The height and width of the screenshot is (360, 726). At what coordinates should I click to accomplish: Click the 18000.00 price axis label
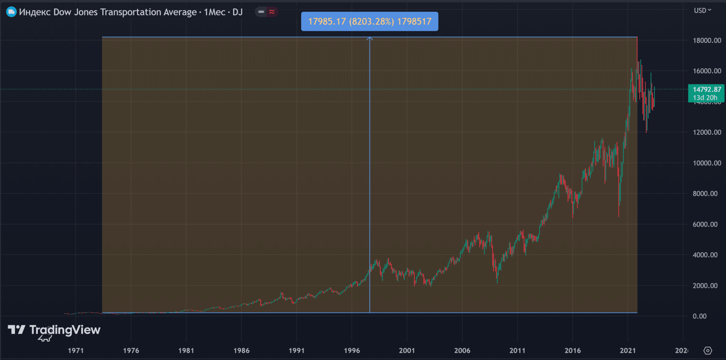coord(707,41)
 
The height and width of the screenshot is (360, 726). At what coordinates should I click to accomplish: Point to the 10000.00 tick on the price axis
coord(707,163)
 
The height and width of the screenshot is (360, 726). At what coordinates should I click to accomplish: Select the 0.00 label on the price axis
coord(700,316)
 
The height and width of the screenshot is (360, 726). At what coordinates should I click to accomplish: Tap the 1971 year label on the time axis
coord(76,350)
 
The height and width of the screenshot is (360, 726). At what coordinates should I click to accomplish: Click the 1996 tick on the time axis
coord(352,350)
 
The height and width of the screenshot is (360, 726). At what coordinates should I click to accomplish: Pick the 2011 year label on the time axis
coord(517,350)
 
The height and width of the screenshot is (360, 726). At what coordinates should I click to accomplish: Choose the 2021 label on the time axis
coord(628,350)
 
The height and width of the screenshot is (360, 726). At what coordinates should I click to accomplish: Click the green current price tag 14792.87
coord(707,93)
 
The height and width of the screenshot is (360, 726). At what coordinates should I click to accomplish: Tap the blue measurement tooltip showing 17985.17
coord(369,21)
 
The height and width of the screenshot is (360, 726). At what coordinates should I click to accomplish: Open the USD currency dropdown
coord(702,10)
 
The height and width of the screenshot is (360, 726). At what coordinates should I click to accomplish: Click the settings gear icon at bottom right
coord(708,350)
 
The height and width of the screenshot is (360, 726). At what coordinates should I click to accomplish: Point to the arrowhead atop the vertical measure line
coord(369,39)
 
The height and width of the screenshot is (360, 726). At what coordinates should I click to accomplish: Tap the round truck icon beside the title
coord(11,12)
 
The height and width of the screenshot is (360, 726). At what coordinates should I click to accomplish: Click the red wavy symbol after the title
coord(272,12)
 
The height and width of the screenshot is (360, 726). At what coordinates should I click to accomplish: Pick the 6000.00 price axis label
coord(705,224)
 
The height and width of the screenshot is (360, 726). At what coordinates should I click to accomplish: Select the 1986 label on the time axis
coord(241,350)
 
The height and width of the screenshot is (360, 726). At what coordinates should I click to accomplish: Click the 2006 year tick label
coord(462,350)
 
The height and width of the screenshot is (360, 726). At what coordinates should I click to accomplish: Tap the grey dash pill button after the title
coord(261,12)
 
